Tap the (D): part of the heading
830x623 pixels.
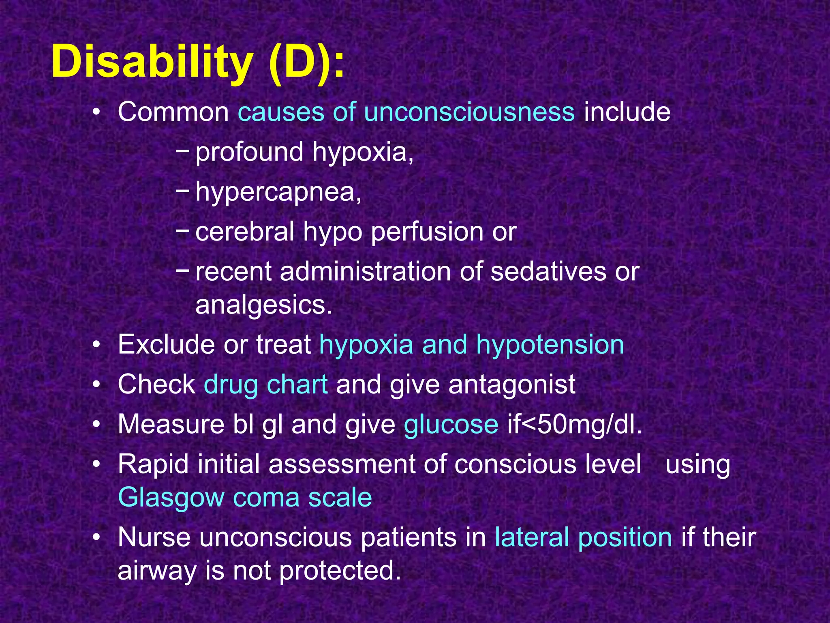[306, 62]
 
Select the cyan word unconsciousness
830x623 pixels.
[469, 112]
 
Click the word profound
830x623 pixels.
[249, 153]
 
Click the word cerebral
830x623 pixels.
[245, 232]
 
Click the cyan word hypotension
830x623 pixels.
[550, 345]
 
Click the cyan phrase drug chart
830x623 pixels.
[266, 385]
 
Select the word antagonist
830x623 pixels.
[512, 385]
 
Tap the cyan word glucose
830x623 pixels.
[451, 424]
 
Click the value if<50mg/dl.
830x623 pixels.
[575, 424]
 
